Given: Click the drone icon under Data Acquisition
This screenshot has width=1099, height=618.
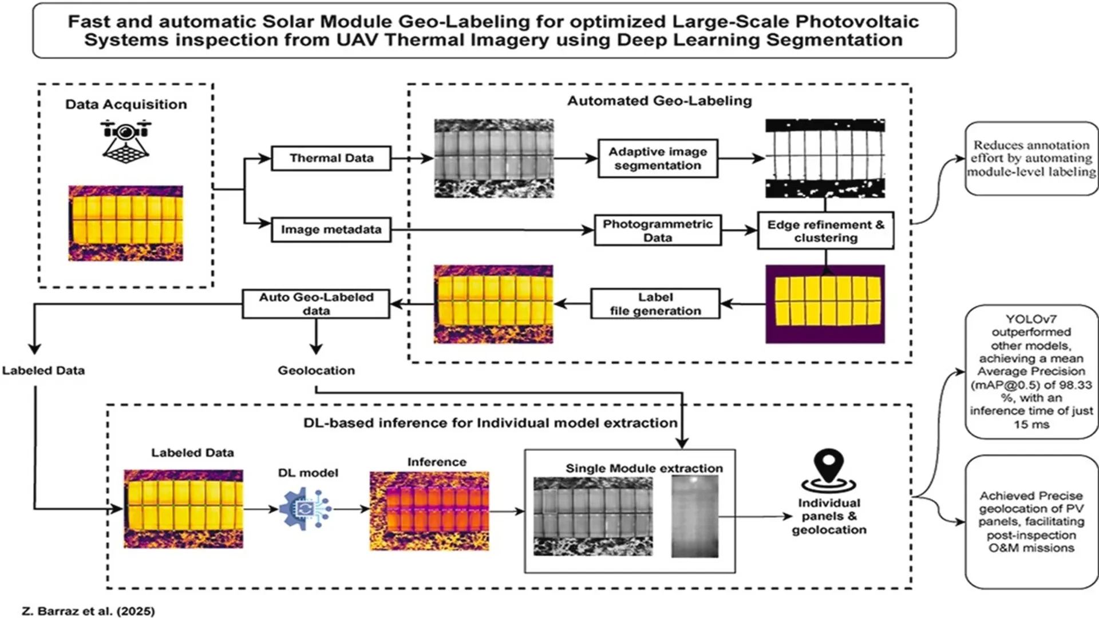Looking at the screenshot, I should point(126,140).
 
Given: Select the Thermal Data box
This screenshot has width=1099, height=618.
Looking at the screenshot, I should point(331,159).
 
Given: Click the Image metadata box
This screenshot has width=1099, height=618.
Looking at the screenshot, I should point(331,229).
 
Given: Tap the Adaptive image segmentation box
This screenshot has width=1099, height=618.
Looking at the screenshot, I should point(657,159).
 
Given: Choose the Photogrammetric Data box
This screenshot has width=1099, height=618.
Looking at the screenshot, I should point(657,230).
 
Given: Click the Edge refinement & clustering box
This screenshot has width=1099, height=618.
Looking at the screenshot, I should point(825,231).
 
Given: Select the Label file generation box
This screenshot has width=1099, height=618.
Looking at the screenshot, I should point(655,304).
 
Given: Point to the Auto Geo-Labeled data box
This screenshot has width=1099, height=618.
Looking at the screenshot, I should point(316,304).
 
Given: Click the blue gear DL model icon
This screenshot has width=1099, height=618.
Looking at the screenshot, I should point(305,508).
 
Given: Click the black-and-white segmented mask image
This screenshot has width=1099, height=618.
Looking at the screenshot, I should point(825,159).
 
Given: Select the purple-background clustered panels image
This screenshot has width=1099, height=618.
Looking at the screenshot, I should point(825,304).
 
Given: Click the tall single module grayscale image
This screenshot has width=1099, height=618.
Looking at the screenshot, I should point(694,516).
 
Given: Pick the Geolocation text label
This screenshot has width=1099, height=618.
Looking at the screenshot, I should point(316,370).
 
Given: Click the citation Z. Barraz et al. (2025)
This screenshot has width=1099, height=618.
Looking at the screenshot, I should point(88,611).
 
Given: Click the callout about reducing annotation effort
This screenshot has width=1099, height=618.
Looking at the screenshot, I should point(1031,159).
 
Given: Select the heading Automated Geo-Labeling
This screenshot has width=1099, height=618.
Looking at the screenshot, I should point(659,101).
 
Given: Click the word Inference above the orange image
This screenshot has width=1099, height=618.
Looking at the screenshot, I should point(437,462).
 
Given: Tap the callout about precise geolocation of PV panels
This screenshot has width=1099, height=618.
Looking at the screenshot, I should point(1031,521).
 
